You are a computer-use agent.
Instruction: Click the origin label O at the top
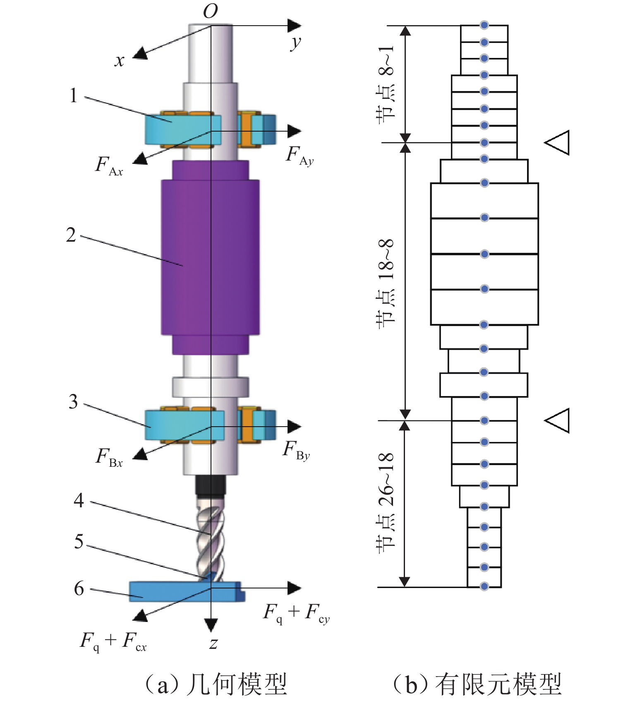click(210, 11)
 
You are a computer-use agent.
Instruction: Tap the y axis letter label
click(295, 42)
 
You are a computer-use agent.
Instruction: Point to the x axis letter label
click(119, 61)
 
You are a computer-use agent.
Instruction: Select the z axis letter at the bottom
click(213, 643)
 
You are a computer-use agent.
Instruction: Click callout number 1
click(73, 96)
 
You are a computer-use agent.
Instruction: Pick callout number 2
click(71, 235)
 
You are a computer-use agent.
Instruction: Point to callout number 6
click(79, 588)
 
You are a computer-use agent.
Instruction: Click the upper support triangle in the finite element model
click(558, 143)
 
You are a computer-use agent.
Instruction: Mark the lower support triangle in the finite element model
click(558, 420)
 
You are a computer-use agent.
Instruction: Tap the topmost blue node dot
click(484, 25)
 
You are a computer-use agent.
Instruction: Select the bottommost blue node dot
click(484, 586)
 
